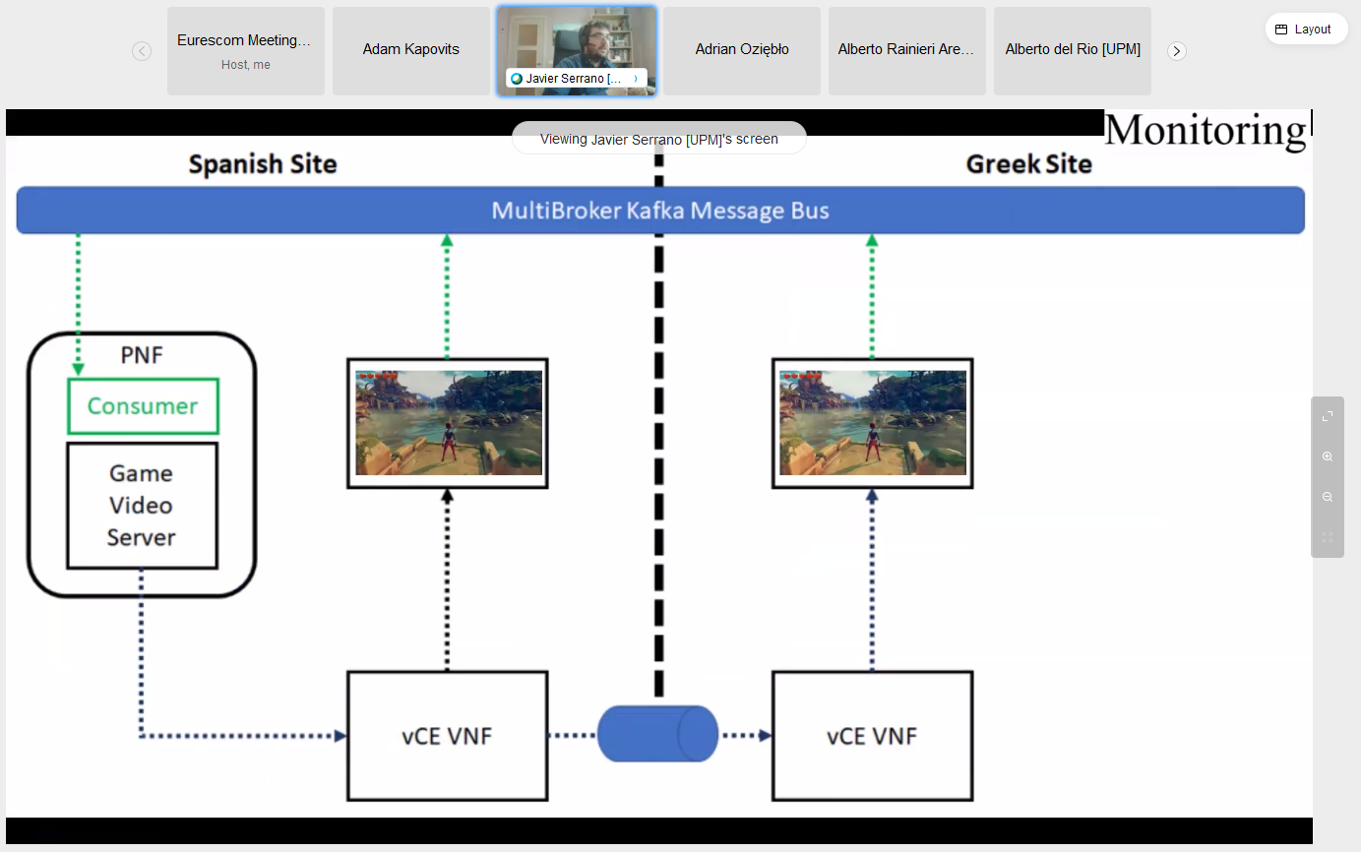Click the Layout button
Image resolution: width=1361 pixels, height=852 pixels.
pos(1306,30)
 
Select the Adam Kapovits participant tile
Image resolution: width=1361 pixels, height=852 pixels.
pos(410,50)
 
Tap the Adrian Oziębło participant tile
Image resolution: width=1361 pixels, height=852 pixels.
pos(741,50)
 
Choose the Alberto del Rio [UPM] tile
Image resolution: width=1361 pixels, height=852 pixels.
pos(1072,50)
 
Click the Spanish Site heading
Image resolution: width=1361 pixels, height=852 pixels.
pos(263,164)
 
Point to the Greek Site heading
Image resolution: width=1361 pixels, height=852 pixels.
pos(1028,164)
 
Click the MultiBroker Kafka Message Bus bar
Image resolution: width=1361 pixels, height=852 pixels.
pos(660,211)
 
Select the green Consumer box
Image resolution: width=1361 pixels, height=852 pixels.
pos(143,406)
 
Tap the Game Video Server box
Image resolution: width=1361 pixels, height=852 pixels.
pos(142,506)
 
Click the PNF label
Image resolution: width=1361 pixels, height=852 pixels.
pos(141,355)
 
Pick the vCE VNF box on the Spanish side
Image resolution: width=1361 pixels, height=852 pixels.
pos(447,736)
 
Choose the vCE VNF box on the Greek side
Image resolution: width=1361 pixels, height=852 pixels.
pos(872,736)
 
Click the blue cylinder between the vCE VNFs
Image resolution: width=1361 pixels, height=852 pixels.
pos(658,733)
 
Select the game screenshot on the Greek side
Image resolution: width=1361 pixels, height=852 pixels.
pos(872,423)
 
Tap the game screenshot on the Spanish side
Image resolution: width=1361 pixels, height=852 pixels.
pos(448,423)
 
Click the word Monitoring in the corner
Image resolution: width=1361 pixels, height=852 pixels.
pos(1205,131)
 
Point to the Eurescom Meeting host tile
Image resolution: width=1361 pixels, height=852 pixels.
pos(245,50)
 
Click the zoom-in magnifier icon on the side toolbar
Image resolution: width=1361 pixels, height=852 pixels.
pos(1328,456)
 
